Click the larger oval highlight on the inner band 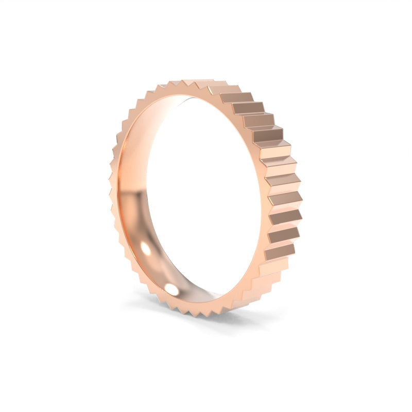click(x=146, y=250)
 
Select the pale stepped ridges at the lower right click(x=263, y=278)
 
